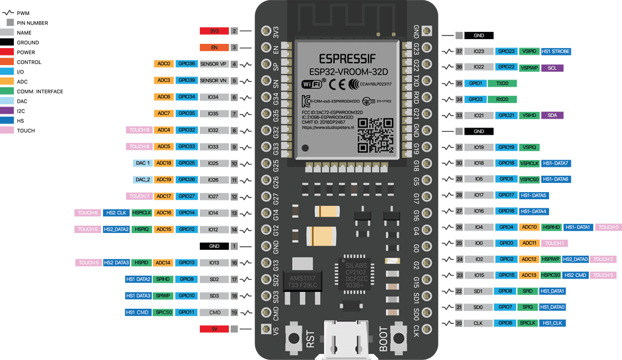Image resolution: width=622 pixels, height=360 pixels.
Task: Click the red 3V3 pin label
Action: click(214, 31)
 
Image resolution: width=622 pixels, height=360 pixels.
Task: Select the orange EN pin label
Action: click(214, 47)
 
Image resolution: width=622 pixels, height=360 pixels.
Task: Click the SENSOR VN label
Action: click(213, 80)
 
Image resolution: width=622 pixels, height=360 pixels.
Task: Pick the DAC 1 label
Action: click(142, 163)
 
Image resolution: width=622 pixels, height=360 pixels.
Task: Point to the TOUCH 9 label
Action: click(139, 130)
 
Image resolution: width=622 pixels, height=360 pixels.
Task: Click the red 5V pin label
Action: click(214, 329)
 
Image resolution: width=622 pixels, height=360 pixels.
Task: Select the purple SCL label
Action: click(552, 68)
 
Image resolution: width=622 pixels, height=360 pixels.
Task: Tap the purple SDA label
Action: click(552, 115)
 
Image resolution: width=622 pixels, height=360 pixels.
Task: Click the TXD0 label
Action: click(502, 84)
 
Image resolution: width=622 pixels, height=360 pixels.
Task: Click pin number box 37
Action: click(459, 52)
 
